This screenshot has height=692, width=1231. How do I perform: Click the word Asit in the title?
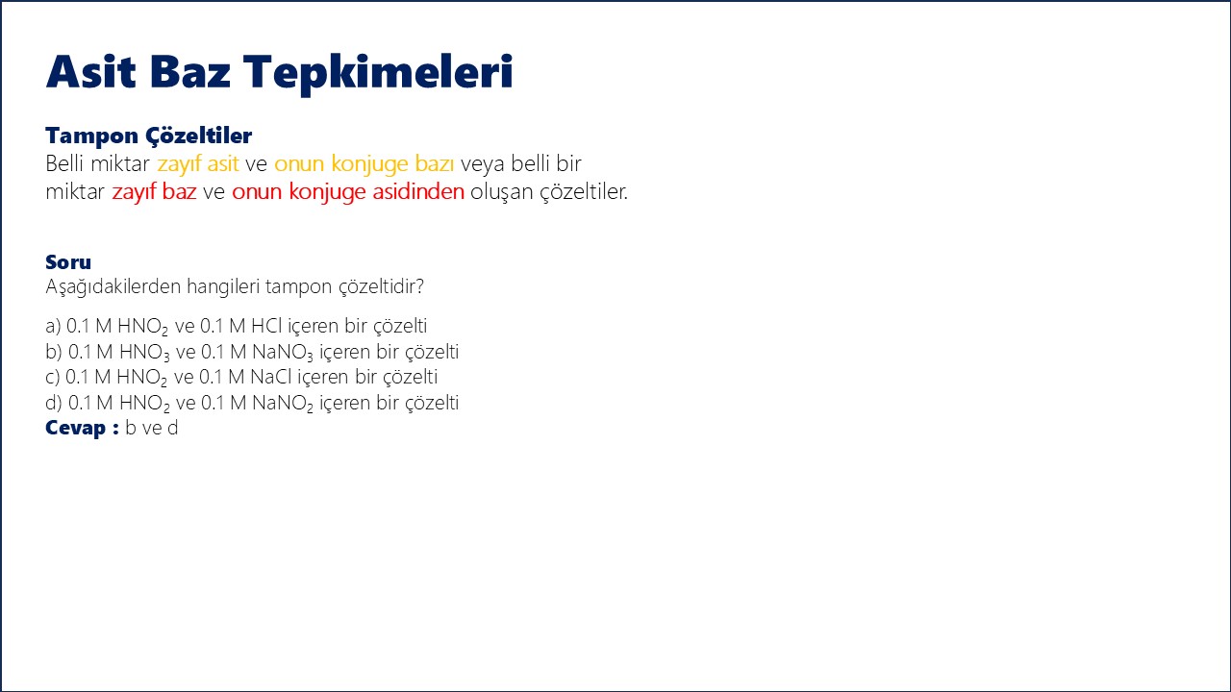point(90,71)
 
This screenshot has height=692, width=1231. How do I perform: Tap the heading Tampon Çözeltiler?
point(148,136)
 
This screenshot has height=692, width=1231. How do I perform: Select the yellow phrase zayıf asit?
point(198,163)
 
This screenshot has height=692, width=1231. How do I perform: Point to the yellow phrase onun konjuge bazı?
point(364,164)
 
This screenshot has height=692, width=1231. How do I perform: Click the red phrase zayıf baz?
point(154,192)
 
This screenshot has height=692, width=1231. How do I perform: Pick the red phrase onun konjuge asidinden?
point(348,192)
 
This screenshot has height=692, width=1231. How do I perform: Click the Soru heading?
point(68,262)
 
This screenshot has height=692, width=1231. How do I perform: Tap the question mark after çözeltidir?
point(420,286)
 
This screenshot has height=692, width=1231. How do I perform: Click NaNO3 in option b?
point(283,352)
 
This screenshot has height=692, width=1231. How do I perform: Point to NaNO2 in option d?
point(283,403)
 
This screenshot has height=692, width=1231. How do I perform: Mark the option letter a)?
point(53,326)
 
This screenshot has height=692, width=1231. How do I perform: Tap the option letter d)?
point(54,403)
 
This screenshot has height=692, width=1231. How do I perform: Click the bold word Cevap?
point(75,428)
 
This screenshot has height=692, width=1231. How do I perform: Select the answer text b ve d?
point(152,428)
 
